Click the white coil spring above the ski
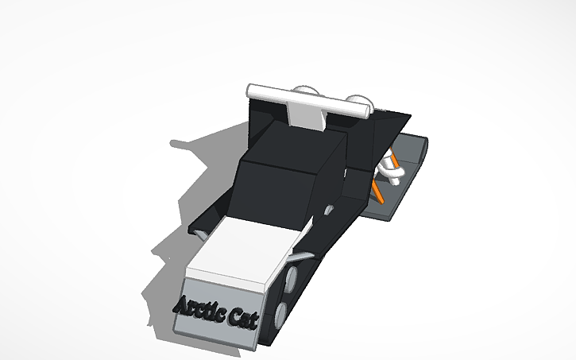[389, 168]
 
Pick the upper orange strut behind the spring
[396, 156]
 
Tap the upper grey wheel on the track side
[292, 279]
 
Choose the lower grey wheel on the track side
[283, 312]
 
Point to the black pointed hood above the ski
[381, 127]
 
